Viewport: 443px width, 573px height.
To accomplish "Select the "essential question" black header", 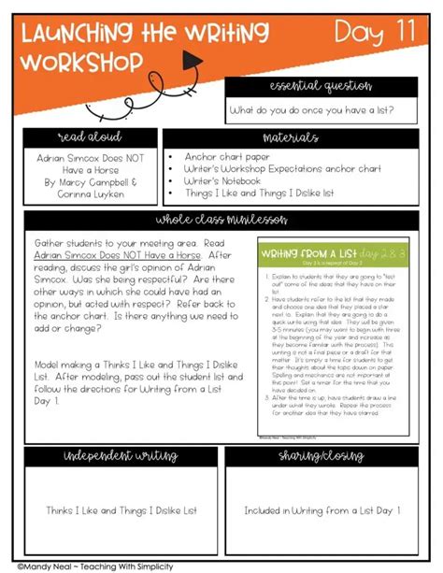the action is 321,87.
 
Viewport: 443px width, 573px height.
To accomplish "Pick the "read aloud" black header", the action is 89,137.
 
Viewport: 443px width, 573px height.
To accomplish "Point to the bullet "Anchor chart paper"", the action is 228,157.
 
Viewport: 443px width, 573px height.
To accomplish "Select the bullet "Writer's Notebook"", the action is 233,181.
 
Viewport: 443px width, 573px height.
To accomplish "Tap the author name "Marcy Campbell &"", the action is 89,183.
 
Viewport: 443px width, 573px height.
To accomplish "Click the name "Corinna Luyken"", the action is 89,195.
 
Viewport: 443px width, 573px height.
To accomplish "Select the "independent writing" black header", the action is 120,455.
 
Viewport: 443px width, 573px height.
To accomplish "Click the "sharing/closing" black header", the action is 321,455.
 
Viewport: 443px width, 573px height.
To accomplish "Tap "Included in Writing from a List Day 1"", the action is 322,510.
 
